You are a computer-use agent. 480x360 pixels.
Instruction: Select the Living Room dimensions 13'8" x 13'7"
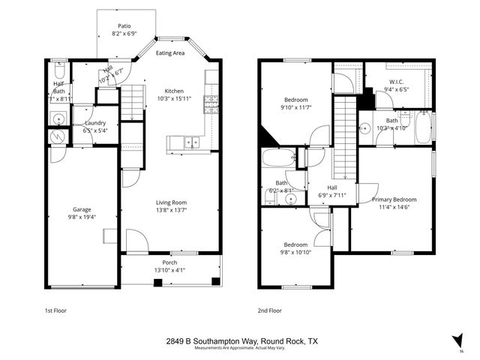[x=170, y=210]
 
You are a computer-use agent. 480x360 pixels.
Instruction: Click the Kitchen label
[x=174, y=91]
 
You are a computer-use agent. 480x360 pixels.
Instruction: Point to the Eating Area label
[x=170, y=53]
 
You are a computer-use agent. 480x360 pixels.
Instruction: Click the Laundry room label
[x=94, y=123]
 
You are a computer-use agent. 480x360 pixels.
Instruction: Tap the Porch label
[x=169, y=262]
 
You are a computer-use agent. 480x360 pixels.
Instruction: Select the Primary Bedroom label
[x=394, y=199]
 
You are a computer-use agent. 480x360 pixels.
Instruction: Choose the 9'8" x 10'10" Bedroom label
[x=294, y=245]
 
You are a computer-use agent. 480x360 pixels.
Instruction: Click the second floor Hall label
[x=332, y=187]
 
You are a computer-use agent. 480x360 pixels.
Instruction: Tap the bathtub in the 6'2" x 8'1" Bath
[x=279, y=159]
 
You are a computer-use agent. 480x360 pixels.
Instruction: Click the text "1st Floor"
[x=57, y=310]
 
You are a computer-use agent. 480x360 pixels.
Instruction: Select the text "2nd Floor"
[x=269, y=310]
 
